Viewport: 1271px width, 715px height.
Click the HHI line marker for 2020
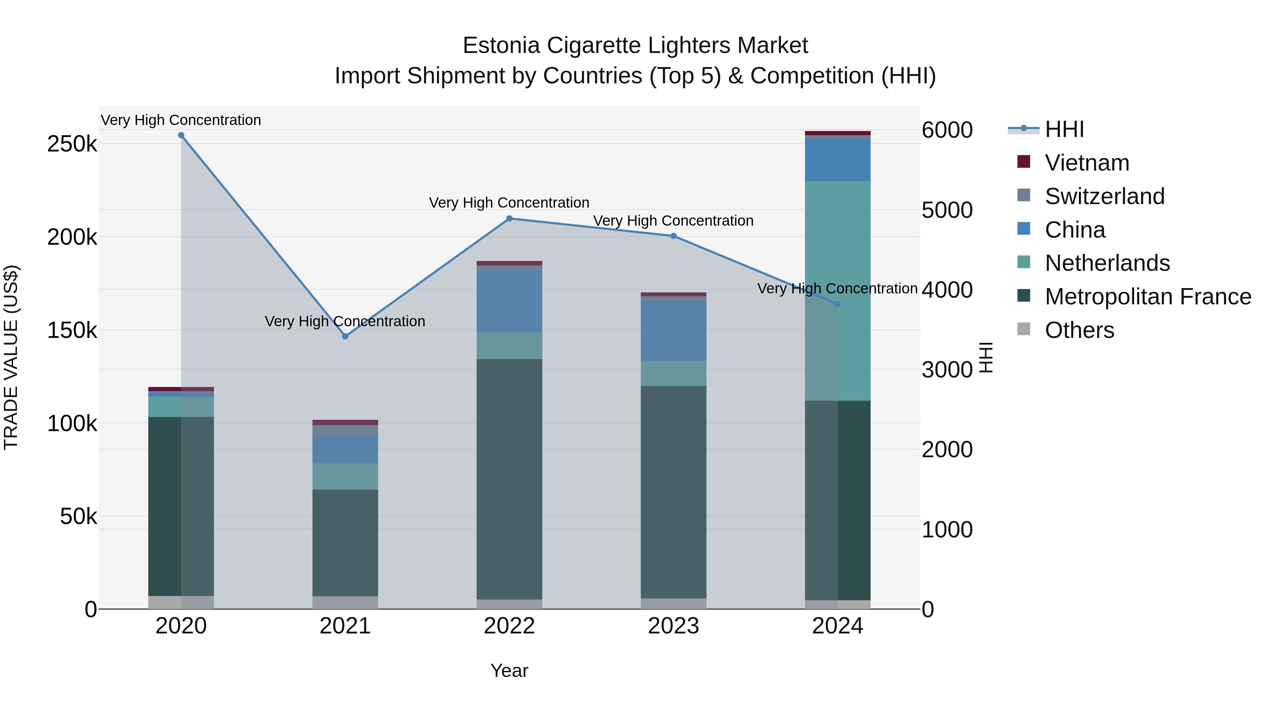[181, 135]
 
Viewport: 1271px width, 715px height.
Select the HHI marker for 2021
[345, 336]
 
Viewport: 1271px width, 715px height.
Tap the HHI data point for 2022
[509, 219]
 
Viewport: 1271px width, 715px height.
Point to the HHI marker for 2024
[837, 304]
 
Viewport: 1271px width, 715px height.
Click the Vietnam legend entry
[1086, 163]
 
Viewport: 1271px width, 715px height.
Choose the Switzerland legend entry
[1104, 196]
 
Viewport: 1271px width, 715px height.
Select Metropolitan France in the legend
[1148, 297]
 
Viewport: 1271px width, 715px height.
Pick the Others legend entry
[1079, 330]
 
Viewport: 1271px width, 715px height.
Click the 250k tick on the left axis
[72, 144]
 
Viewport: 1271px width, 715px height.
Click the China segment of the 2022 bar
[509, 301]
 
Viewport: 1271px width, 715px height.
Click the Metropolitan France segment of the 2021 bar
[345, 543]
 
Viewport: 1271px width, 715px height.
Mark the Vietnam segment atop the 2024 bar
[837, 133]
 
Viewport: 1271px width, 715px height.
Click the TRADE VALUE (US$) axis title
[11, 357]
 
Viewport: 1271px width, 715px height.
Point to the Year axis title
[509, 671]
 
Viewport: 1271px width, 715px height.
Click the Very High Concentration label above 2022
[509, 203]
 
